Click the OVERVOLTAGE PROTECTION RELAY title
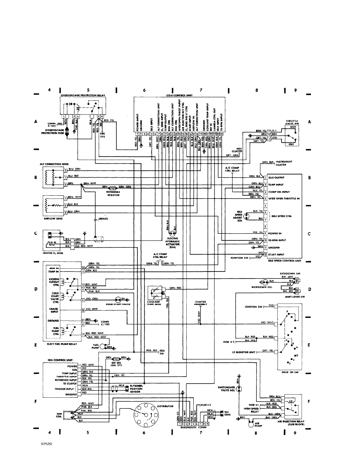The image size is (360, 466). coord(83,95)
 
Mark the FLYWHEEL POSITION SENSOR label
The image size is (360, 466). coord(137,389)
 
